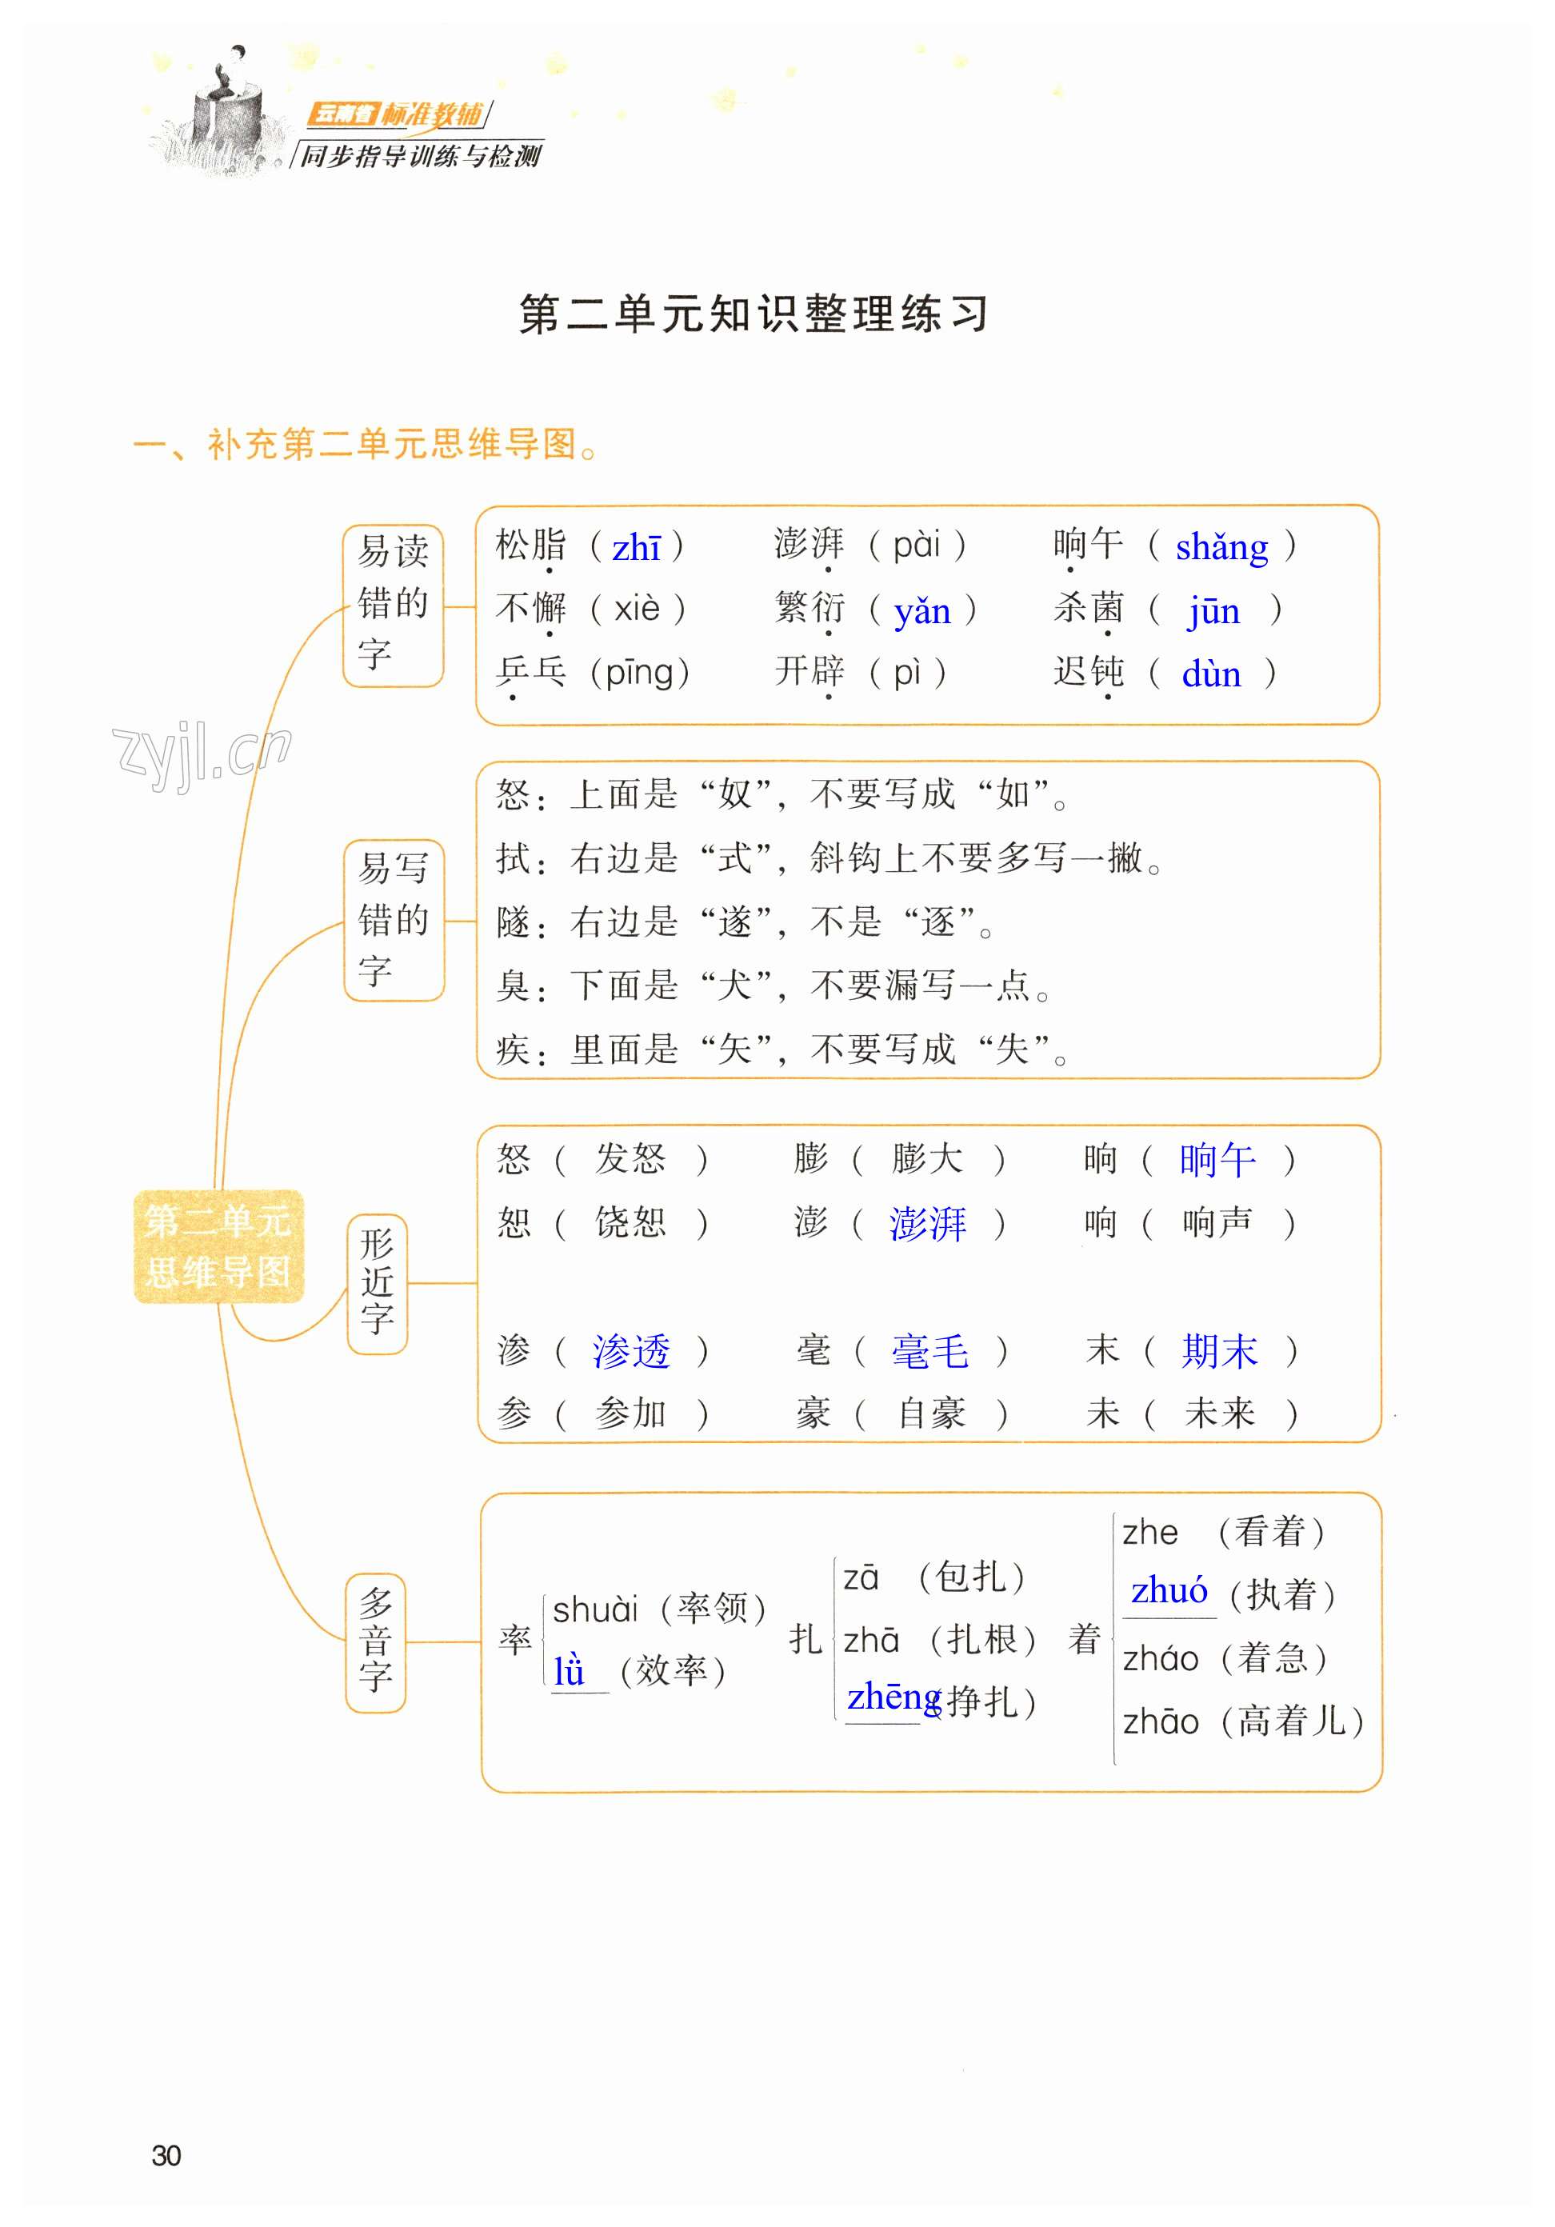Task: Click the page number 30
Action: point(166,2155)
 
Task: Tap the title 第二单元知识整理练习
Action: point(753,314)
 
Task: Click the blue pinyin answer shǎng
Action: point(1221,548)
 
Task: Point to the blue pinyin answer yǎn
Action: point(921,612)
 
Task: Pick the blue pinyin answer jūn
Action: point(1213,612)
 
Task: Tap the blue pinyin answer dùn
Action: point(1210,674)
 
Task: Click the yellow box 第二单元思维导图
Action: point(218,1246)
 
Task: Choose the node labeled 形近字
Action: point(377,1282)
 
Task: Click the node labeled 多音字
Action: point(375,1641)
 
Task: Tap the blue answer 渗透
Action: point(630,1351)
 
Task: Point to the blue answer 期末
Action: point(1218,1351)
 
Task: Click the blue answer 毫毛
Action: point(929,1351)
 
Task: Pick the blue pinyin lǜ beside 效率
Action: point(570,1671)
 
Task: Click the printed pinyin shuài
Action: point(596,1610)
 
